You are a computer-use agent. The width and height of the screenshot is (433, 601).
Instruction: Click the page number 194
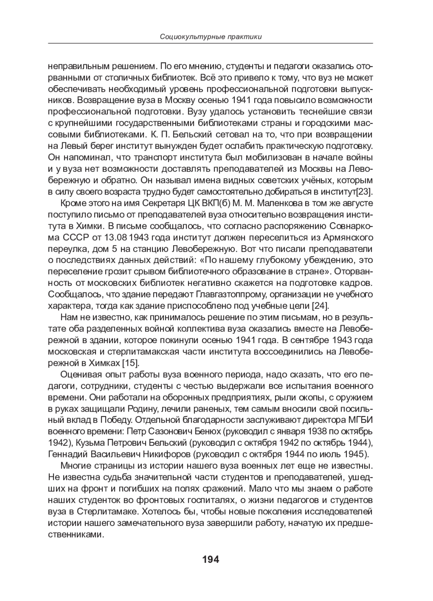(210, 560)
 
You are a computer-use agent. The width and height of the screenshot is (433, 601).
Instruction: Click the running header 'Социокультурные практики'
(210, 37)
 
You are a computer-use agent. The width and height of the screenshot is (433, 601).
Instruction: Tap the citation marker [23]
(364, 191)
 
